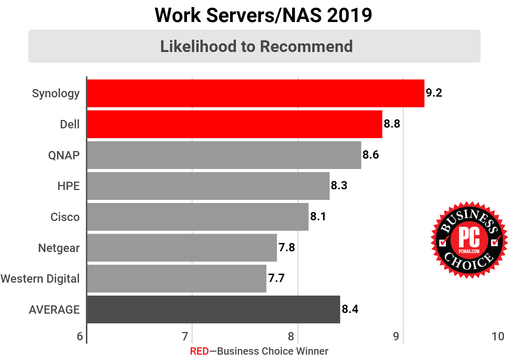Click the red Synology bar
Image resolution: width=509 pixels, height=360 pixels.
(256, 93)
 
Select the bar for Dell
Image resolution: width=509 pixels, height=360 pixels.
(234, 124)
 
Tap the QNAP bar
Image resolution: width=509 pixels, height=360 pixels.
(224, 155)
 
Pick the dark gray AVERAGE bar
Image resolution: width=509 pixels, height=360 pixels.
(213, 309)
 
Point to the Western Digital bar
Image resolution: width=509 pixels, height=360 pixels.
(177, 279)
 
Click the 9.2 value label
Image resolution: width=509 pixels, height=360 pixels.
(434, 93)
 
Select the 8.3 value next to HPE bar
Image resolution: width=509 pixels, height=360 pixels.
(339, 185)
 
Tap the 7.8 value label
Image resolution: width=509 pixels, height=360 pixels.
(287, 247)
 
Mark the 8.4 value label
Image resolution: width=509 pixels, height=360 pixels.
(350, 309)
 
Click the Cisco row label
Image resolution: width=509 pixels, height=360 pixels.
(65, 217)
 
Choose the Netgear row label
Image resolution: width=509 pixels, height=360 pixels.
(59, 248)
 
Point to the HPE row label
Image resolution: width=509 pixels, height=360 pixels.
(68, 186)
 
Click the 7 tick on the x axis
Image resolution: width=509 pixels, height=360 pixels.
(185, 336)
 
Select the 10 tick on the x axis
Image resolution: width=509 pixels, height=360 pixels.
(498, 336)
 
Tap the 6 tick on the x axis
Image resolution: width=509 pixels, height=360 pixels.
(80, 336)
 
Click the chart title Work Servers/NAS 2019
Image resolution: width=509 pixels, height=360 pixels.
(263, 15)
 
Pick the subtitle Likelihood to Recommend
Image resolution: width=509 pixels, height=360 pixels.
(256, 46)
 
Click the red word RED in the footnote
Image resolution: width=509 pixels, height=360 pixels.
(199, 351)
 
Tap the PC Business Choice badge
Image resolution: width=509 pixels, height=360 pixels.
(469, 240)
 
